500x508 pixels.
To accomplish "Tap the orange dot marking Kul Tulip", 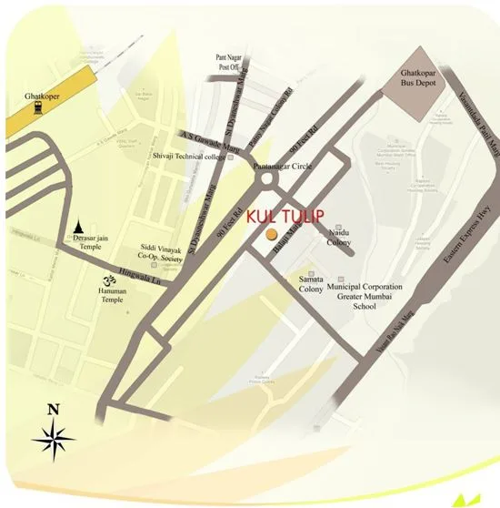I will (x=271, y=236).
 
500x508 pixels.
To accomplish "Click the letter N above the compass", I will (x=53, y=409).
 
